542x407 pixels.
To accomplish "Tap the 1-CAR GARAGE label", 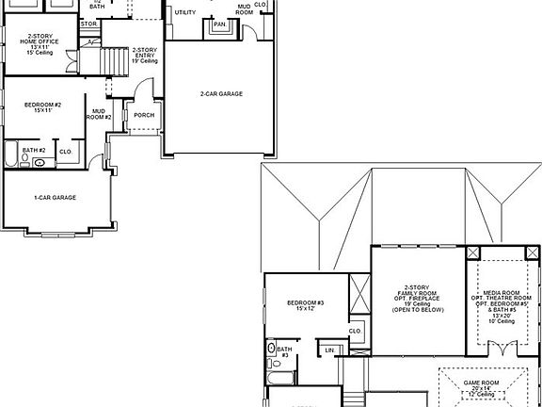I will click(x=55, y=197).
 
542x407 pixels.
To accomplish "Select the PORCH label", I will click(x=144, y=116).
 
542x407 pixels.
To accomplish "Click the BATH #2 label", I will click(x=34, y=150).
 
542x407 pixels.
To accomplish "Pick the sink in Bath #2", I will click(x=40, y=163).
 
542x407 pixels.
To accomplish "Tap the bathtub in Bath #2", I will click(x=11, y=155).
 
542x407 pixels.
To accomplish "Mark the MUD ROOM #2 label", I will click(x=100, y=114).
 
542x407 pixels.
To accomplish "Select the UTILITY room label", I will click(x=185, y=12).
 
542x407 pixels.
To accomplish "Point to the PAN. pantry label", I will click(x=220, y=24).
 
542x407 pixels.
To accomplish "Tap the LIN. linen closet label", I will click(x=329, y=350).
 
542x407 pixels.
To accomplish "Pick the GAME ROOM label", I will click(x=483, y=386).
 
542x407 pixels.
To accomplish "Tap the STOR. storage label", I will click(x=89, y=23).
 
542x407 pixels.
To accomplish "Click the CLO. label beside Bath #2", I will click(x=65, y=151).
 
